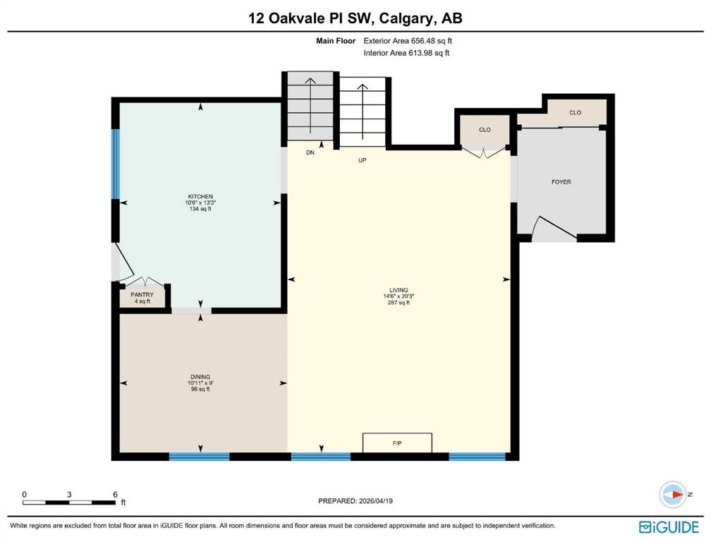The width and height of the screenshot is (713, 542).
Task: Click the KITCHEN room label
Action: tap(200, 197)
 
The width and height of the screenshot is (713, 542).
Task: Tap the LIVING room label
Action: tap(398, 290)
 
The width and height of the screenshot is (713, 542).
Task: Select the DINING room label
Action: tap(200, 377)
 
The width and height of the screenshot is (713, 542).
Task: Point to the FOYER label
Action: tap(561, 181)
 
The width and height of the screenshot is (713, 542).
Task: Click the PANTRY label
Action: tap(142, 295)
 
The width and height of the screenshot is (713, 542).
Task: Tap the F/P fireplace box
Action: tap(397, 442)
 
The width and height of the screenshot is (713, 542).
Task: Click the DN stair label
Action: tap(310, 152)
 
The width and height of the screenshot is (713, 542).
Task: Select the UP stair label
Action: tap(362, 160)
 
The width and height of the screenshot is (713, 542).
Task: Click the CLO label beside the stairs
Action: tap(485, 130)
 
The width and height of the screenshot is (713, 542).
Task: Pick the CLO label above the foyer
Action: tap(575, 112)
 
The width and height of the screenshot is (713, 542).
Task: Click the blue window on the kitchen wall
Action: tap(116, 164)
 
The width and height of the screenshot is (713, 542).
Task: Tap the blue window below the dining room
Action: tap(199, 457)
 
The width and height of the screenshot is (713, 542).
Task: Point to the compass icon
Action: tap(673, 494)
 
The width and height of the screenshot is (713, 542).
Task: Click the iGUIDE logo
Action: tap(669, 527)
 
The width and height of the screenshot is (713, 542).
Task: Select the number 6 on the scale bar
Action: tap(115, 494)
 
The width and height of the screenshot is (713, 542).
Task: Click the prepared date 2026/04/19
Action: tap(376, 501)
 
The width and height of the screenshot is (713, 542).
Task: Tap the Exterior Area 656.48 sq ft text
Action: tap(408, 40)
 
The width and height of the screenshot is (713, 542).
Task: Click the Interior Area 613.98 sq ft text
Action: tap(406, 53)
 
